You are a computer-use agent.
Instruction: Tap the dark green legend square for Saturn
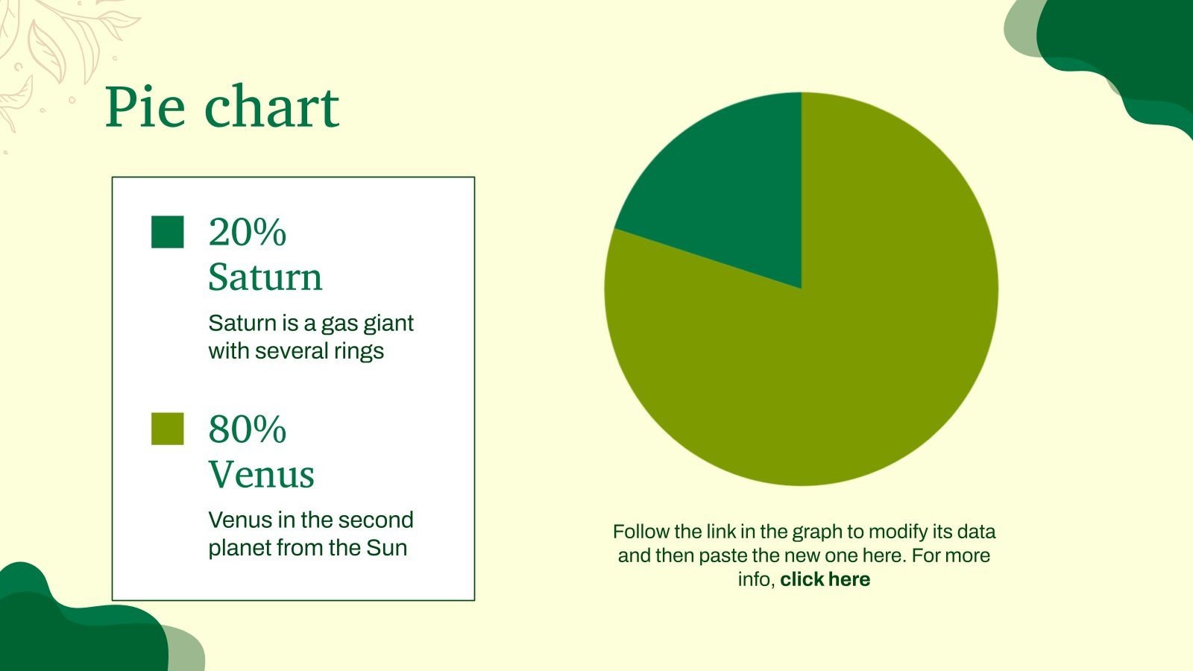click(x=167, y=232)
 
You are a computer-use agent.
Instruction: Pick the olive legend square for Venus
click(x=167, y=429)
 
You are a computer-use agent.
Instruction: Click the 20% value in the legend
click(x=247, y=232)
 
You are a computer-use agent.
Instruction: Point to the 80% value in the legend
click(x=247, y=429)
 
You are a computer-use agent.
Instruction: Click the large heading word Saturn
click(x=265, y=277)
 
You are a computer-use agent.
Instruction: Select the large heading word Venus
click(x=261, y=474)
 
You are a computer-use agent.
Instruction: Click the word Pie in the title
click(x=145, y=107)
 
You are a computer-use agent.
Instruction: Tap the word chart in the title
click(x=272, y=107)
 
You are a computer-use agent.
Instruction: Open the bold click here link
click(x=825, y=579)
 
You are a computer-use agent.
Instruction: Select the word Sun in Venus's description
click(x=386, y=548)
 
